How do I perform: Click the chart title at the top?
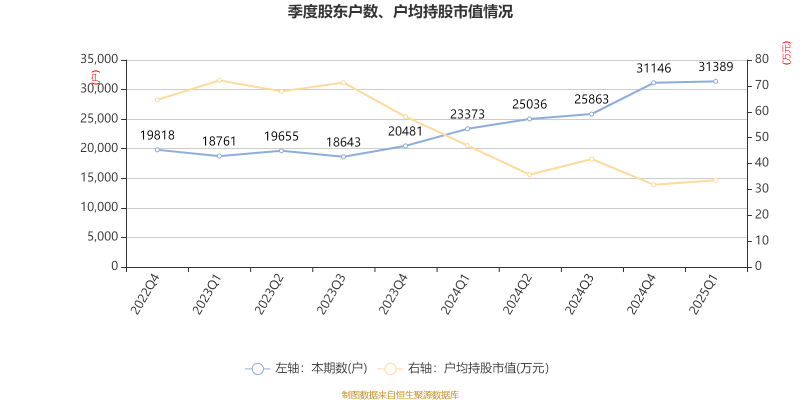pos(400,11)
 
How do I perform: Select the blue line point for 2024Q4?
pos(653,82)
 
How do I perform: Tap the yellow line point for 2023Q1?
pos(219,80)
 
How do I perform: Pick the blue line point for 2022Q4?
pos(157,149)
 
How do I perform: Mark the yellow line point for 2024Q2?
pos(529,174)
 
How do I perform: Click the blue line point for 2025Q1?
pos(715,81)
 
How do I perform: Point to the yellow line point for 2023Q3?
pos(343,82)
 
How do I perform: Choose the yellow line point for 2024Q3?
pos(591,159)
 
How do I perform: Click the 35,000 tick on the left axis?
pos(99,59)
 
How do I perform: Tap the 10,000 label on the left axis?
pos(99,207)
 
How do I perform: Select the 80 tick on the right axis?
pos(762,59)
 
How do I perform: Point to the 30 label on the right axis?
pos(762,188)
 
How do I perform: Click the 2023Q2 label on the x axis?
pos(269,294)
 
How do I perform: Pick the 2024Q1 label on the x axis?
pos(456,294)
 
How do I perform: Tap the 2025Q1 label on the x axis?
pos(704,294)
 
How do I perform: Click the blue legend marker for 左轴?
pos(257,368)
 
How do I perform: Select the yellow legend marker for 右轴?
pos(390,368)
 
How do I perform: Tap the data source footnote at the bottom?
pos(400,395)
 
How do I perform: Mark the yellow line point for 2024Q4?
pos(653,184)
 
